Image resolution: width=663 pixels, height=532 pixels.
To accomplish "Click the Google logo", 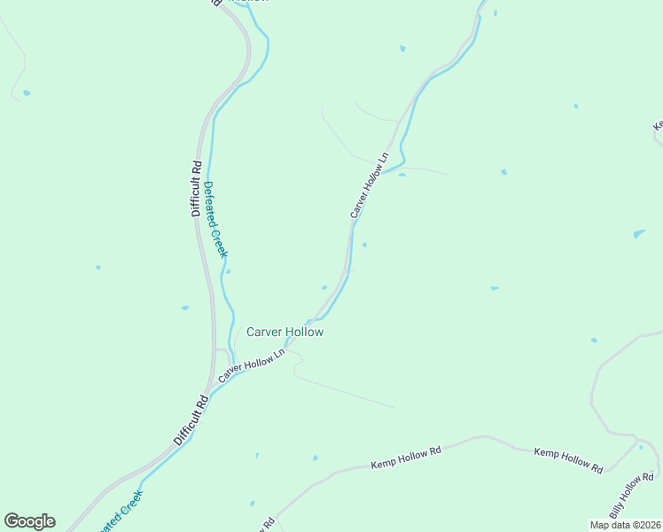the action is click(x=29, y=521).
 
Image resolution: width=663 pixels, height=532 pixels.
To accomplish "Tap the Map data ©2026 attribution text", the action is click(x=625, y=525).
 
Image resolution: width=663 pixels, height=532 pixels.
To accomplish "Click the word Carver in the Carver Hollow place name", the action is click(x=264, y=332).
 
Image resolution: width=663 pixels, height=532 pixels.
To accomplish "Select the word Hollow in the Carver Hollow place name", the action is click(x=304, y=332).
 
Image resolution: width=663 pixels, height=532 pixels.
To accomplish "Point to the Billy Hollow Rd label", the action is click(x=630, y=497).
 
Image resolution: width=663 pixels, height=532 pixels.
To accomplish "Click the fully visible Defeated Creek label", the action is click(x=215, y=219).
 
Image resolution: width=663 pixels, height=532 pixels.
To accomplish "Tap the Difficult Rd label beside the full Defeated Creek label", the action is click(x=197, y=188).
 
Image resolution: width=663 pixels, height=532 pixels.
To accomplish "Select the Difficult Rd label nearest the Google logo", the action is click(x=191, y=419).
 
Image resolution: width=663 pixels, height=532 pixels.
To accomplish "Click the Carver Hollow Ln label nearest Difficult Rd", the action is click(x=252, y=364).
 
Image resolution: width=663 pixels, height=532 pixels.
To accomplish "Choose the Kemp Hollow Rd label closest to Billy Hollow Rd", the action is click(x=568, y=459).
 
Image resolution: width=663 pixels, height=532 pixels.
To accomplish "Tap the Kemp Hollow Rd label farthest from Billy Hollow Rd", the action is click(x=406, y=458).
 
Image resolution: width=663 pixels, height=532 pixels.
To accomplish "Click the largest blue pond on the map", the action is click(x=639, y=234).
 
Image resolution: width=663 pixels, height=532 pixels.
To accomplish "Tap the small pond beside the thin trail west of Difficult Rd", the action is click(x=27, y=92).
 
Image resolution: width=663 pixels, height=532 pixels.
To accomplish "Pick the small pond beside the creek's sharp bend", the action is click(x=402, y=175).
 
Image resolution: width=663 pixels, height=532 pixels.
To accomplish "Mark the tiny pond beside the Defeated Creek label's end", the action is click(x=228, y=271).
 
